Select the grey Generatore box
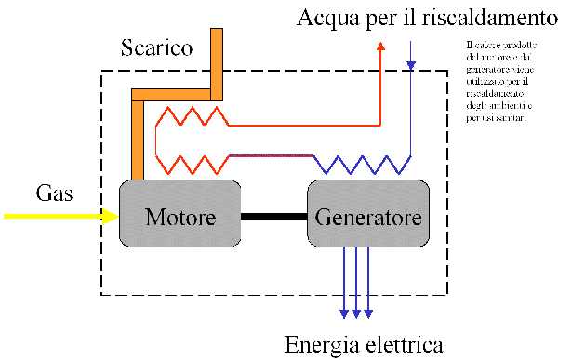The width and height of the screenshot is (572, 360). click(367, 217)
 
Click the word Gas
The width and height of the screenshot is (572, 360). click(55, 193)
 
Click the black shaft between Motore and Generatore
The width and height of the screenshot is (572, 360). click(273, 217)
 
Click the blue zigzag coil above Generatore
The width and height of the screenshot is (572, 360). click(358, 164)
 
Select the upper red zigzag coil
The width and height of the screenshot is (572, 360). click(192, 116)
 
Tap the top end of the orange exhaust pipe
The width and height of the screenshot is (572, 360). click(218, 34)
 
